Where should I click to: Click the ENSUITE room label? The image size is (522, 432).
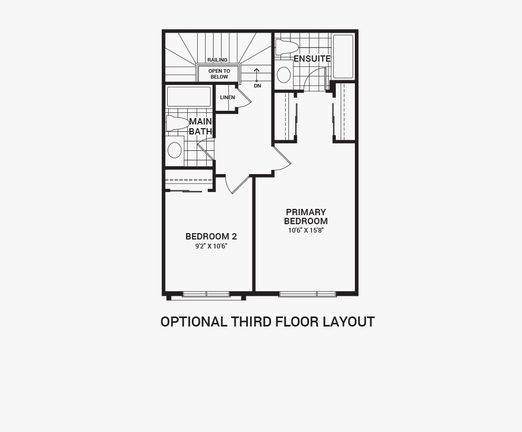(312, 59)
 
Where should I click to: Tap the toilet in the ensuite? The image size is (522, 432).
(287, 47)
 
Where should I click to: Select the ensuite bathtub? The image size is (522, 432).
(343, 56)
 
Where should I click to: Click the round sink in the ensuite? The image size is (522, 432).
(284, 74)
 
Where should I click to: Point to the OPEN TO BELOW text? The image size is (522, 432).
(219, 74)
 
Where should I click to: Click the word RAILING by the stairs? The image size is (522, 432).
(217, 60)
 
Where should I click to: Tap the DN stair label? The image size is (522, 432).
(257, 86)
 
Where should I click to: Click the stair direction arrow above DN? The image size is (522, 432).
(257, 74)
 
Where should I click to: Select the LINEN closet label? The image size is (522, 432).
(227, 97)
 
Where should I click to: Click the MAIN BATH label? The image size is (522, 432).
(201, 127)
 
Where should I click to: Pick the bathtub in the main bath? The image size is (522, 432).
(189, 97)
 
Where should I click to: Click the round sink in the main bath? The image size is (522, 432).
(175, 150)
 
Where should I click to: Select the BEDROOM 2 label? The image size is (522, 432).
(211, 236)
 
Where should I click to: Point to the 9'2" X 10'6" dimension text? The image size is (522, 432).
(211, 246)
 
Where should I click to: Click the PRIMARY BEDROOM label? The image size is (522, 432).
(306, 216)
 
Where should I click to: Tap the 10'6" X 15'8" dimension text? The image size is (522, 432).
(306, 230)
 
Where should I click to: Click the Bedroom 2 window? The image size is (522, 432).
(206, 294)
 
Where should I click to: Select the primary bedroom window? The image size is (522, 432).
(307, 294)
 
